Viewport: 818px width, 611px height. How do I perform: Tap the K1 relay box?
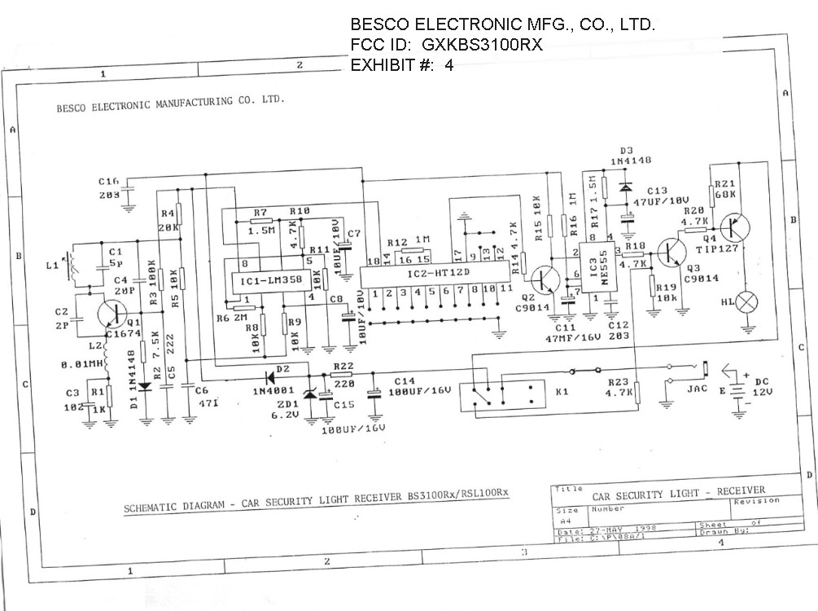tap(501, 396)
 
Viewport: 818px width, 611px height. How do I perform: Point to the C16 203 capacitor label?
tap(109, 188)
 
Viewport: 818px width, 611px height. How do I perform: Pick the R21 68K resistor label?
tap(724, 189)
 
